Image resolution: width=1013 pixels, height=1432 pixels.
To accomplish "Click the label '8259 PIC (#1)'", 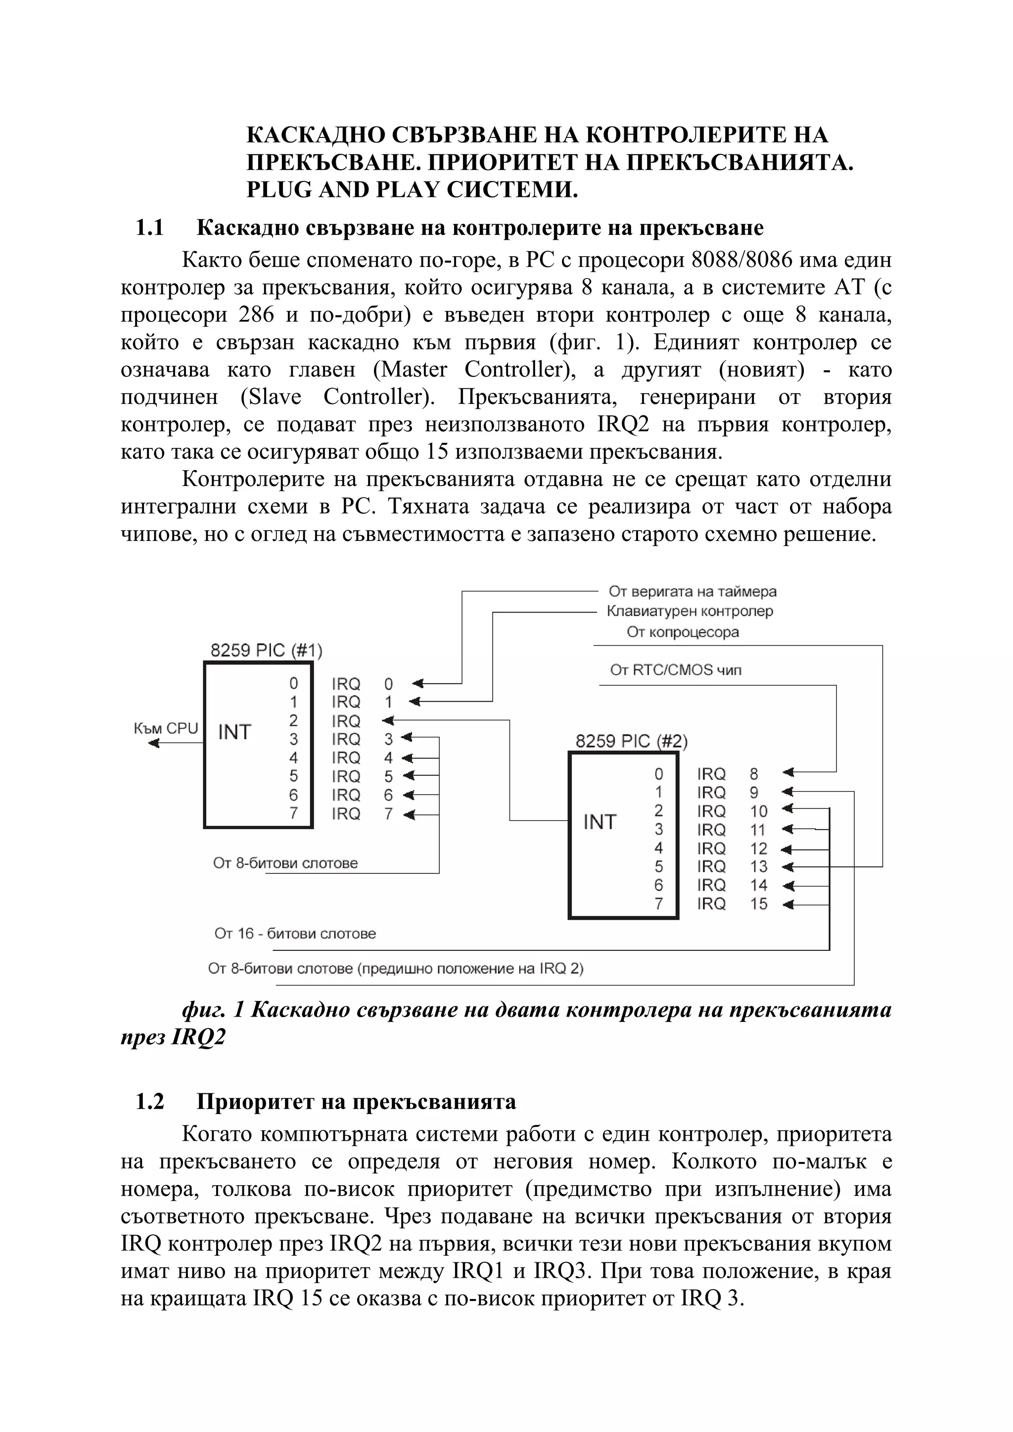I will click(x=266, y=651).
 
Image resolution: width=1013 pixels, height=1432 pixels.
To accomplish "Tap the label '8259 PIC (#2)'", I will click(x=631, y=741).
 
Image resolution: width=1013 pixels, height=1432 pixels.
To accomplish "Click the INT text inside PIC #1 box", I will click(x=234, y=732).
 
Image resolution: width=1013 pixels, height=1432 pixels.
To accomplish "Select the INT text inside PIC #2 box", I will click(x=599, y=822).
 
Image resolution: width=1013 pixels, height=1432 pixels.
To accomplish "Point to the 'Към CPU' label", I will click(x=165, y=728).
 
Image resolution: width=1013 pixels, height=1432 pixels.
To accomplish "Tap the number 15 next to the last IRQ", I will click(x=758, y=904).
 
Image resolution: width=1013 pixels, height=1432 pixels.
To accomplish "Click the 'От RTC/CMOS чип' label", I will click(x=676, y=670).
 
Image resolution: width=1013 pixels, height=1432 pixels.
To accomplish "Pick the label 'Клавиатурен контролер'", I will click(x=690, y=611).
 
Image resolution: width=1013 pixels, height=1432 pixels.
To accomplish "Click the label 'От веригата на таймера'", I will click(x=692, y=590).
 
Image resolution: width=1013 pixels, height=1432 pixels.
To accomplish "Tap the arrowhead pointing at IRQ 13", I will click(x=787, y=867).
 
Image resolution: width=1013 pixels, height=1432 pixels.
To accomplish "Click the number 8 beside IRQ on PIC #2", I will click(x=753, y=774).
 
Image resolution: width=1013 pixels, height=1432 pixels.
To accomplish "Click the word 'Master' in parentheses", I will click(x=414, y=370).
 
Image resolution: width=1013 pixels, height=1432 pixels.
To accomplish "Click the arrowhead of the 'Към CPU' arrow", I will click(x=153, y=743).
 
